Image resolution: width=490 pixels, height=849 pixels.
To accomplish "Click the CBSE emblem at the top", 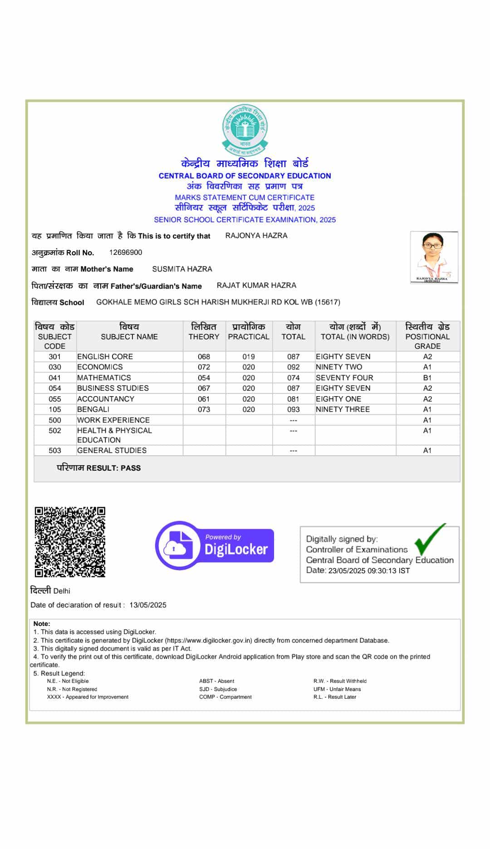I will pyautogui.click(x=245, y=130).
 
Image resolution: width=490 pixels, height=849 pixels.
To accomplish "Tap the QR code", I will pyautogui.click(x=70, y=542).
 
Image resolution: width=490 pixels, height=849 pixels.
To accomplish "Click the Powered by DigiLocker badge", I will pyautogui.click(x=215, y=545).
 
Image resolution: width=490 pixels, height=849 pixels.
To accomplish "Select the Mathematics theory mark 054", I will pyautogui.click(x=204, y=378).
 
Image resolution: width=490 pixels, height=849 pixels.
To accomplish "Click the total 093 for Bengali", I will pyautogui.click(x=293, y=409).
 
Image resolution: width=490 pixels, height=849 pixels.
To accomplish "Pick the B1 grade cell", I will pyautogui.click(x=427, y=378).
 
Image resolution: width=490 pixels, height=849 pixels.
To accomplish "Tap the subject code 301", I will pyautogui.click(x=54, y=357).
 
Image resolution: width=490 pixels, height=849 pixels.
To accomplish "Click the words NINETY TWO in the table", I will pyautogui.click(x=339, y=367).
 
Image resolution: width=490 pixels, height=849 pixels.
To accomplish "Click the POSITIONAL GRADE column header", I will pyautogui.click(x=427, y=336).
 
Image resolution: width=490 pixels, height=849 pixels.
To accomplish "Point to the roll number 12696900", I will pyautogui.click(x=126, y=253).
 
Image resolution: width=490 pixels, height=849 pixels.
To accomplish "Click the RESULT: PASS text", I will pyautogui.click(x=99, y=468).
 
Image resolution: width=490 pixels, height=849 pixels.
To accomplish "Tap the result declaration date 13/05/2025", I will pyautogui.click(x=148, y=605).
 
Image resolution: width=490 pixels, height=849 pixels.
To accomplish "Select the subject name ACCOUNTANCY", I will pyautogui.click(x=106, y=399).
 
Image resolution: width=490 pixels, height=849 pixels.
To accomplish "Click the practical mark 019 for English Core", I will pyautogui.click(x=248, y=357).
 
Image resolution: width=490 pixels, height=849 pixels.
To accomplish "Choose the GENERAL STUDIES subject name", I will pyautogui.click(x=112, y=451).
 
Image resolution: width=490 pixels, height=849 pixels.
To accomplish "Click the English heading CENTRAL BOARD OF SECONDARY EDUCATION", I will pyautogui.click(x=245, y=176).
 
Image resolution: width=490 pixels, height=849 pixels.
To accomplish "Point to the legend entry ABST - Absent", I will pyautogui.click(x=216, y=681).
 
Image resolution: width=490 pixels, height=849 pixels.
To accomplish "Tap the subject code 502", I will pyautogui.click(x=54, y=431).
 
